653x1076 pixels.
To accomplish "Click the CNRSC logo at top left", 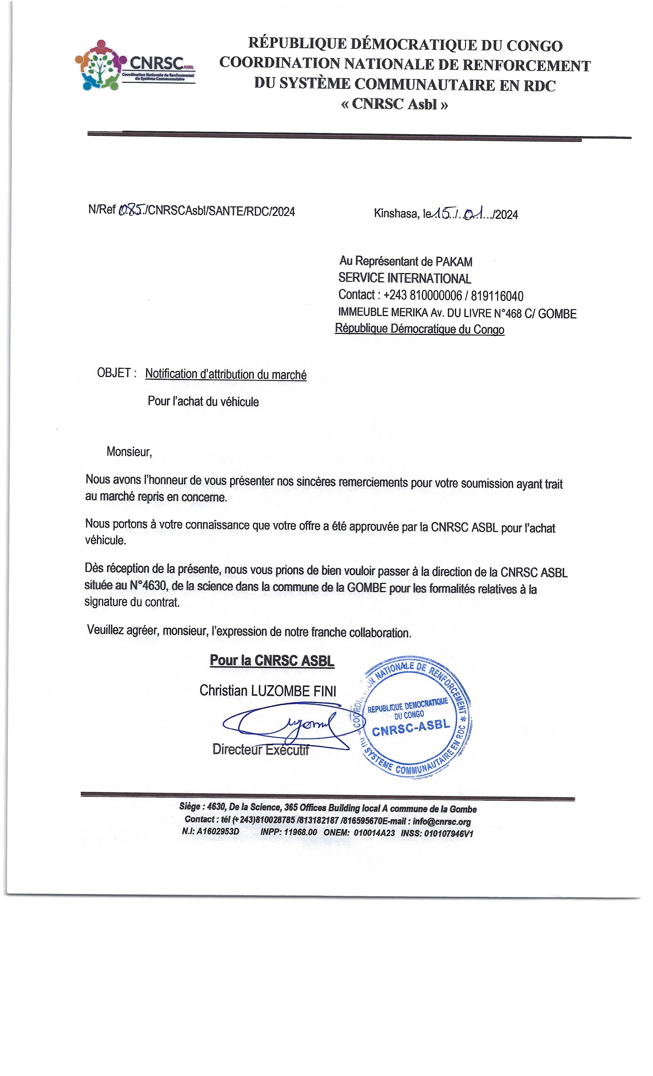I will (x=135, y=65).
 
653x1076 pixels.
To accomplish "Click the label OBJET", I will (x=114, y=373).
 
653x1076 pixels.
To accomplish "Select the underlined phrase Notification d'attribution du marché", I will (x=226, y=374).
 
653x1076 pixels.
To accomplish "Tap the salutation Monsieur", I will (x=129, y=452).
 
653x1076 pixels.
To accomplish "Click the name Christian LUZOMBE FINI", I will (x=268, y=690).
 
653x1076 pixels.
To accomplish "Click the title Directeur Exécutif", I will (x=261, y=749).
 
